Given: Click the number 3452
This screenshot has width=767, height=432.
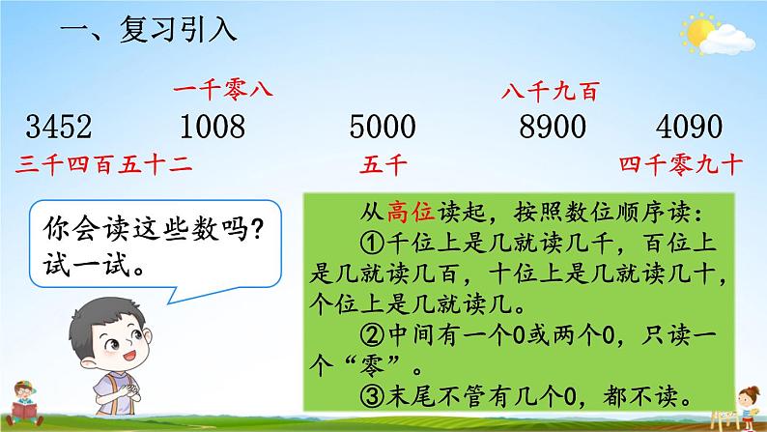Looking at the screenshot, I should pos(59,127).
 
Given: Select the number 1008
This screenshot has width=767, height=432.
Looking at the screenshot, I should pos(212,127).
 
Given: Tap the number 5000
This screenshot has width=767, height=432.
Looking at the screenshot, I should pos(381,127).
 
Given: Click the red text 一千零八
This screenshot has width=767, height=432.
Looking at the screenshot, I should pos(223,91).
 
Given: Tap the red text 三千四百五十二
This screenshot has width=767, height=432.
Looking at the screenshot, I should pos(104,164).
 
